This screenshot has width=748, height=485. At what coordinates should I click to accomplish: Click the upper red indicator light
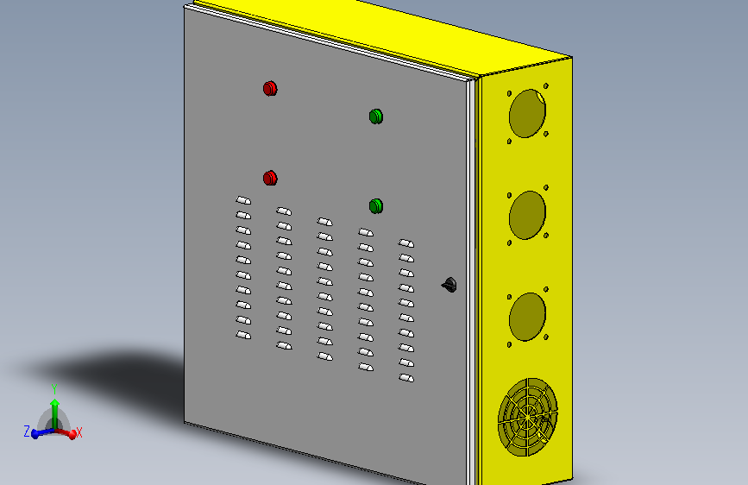(x=270, y=88)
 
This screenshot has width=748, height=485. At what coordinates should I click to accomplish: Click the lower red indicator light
(x=270, y=178)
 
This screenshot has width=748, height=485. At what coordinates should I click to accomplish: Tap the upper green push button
(x=376, y=117)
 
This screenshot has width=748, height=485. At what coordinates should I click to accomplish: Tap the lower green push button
(x=376, y=206)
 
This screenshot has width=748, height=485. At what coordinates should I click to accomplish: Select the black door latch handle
(x=449, y=285)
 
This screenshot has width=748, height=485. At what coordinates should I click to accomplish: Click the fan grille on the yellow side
(x=528, y=417)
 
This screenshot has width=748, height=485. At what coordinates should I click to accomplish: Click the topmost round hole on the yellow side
(x=527, y=114)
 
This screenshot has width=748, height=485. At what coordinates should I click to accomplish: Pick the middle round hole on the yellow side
(x=527, y=215)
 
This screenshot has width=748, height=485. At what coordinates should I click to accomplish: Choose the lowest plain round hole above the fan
(x=527, y=317)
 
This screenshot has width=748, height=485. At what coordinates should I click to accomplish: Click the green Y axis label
(x=54, y=389)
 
